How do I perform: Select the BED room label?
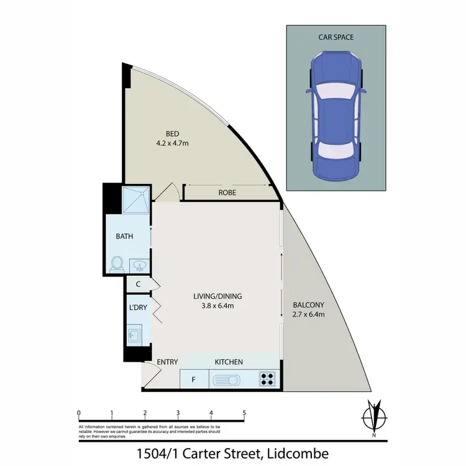[x=172, y=134]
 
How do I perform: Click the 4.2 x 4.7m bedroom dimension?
[x=172, y=144]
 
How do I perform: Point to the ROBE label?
[x=227, y=193]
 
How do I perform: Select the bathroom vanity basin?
[x=140, y=266]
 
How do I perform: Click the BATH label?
[x=125, y=237]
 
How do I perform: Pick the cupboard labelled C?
[x=138, y=284]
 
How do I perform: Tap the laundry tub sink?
[x=135, y=336]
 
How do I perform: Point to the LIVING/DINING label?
[x=217, y=296]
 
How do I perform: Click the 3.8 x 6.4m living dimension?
[x=217, y=306]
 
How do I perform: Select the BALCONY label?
[x=308, y=304]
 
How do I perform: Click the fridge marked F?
[x=194, y=378]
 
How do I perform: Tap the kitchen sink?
[x=227, y=378]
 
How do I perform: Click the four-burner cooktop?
[x=268, y=378]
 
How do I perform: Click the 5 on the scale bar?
[x=244, y=413]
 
